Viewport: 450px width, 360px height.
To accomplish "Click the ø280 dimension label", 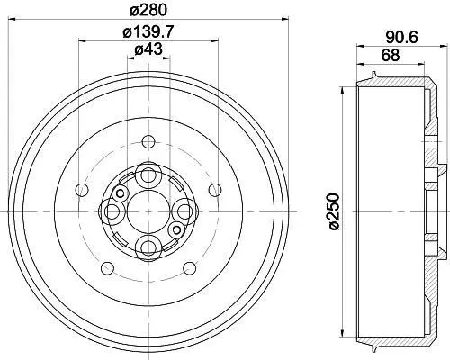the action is tap(148, 10).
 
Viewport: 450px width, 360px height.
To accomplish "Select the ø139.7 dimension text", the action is tap(148, 31).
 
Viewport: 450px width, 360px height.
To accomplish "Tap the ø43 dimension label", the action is tap(148, 49).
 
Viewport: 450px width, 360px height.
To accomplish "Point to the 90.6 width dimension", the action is tap(401, 38).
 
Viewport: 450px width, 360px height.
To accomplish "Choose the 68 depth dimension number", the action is tap(391, 55).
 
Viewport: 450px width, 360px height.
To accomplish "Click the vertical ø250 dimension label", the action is tap(333, 211).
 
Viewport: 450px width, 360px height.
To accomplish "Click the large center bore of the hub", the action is tap(148, 211).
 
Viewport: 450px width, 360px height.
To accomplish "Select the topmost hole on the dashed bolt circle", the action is tap(148, 142).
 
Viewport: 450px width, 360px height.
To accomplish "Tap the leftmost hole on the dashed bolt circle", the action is tap(82, 190).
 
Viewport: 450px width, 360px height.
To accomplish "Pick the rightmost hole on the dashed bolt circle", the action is tap(215, 190).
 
